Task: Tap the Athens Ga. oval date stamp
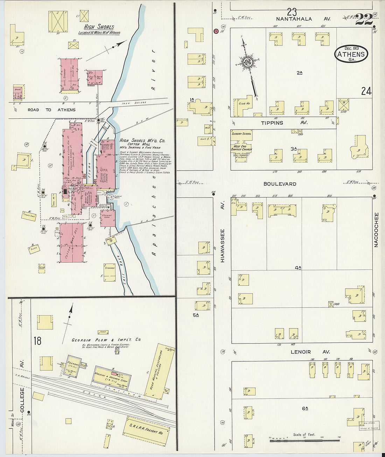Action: pyautogui.click(x=351, y=54)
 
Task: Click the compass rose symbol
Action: pyautogui.click(x=248, y=63)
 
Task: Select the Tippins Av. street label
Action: pyautogui.click(x=284, y=123)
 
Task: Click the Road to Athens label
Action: pyautogui.click(x=51, y=110)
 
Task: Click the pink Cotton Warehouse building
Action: pyautogui.click(x=71, y=242)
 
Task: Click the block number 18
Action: pyautogui.click(x=37, y=340)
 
